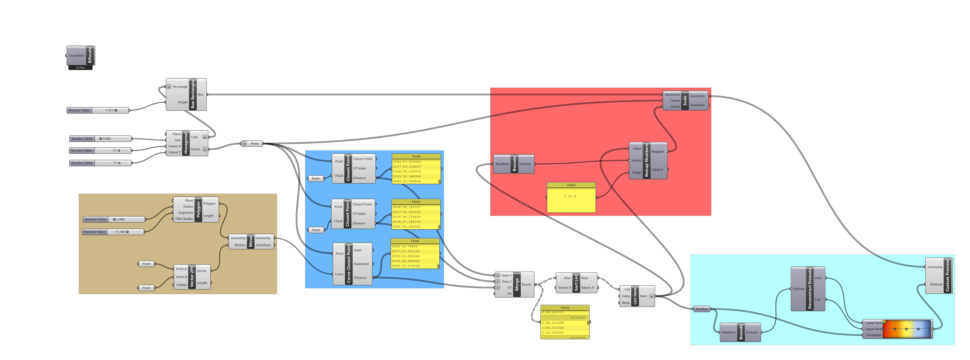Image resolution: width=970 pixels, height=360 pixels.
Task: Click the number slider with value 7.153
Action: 98,110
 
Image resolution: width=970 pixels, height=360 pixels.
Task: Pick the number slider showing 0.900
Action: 101,139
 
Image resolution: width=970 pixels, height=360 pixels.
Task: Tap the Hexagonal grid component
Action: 186,143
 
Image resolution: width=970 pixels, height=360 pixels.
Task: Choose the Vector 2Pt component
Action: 192,277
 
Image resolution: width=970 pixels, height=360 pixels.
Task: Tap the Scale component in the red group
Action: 685,101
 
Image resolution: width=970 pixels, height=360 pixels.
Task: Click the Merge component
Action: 517,284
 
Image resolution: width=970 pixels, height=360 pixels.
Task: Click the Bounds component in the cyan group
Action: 741,332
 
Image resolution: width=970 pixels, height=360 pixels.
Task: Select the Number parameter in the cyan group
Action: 702,309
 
